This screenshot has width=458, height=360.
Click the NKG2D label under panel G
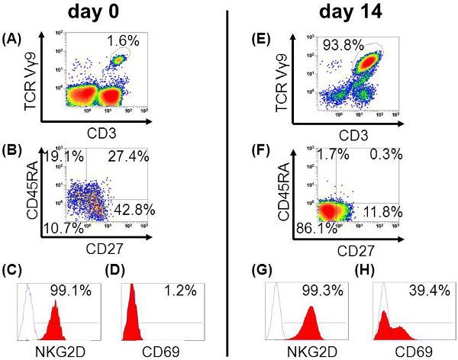click(307, 350)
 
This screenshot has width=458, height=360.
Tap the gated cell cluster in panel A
click(119, 59)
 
